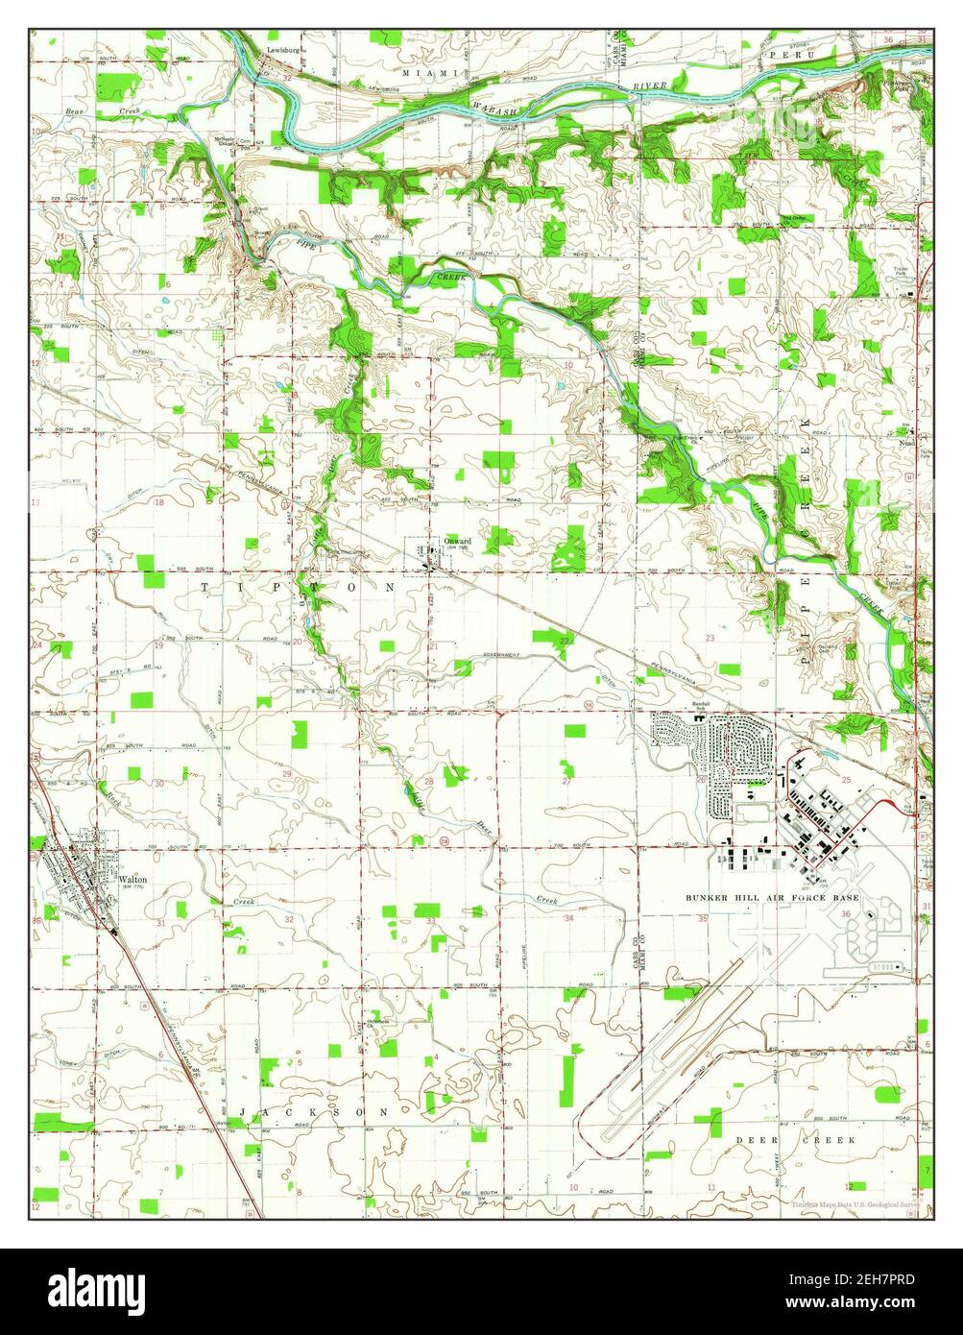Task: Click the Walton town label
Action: [x=132, y=878]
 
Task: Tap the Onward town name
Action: [x=458, y=542]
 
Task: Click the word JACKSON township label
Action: [x=316, y=1111]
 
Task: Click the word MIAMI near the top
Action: [x=423, y=73]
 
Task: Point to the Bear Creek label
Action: [x=102, y=112]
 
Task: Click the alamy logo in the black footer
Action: [x=97, y=1287]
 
